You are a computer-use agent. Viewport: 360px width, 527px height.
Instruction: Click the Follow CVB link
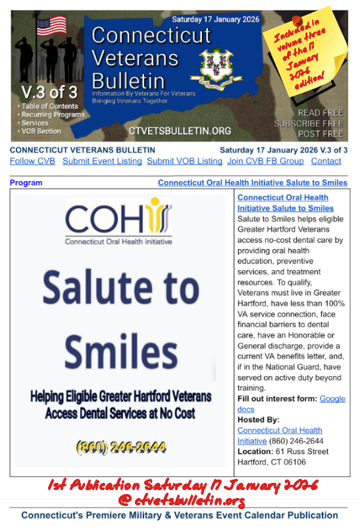click(32, 161)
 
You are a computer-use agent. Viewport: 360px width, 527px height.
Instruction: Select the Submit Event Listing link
click(102, 161)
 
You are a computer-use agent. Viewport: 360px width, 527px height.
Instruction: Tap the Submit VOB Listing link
click(184, 161)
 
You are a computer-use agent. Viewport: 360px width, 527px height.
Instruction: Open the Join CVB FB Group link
click(265, 161)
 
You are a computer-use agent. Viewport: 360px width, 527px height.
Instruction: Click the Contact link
click(326, 161)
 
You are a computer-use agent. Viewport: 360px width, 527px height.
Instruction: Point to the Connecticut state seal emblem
click(213, 67)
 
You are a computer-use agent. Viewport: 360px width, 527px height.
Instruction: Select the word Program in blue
click(26, 182)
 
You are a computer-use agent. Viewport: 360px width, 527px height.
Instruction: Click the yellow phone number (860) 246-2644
click(122, 447)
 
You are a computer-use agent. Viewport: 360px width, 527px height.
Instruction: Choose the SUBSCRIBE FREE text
click(309, 123)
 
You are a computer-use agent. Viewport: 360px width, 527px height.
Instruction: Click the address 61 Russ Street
click(301, 451)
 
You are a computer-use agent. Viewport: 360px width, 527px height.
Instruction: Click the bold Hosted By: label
click(259, 420)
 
